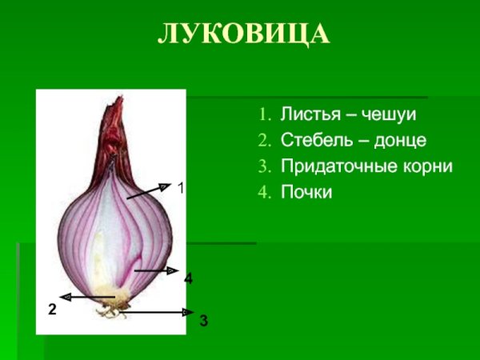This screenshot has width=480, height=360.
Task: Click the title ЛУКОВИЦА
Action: pos(242,34)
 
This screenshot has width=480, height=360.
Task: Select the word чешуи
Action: pos(389,114)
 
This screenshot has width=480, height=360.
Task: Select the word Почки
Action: pos(306,193)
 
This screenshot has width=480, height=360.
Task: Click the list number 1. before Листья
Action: pos(266,114)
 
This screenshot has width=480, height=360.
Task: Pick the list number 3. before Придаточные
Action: pos(266,166)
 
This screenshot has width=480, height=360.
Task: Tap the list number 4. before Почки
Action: pos(266,193)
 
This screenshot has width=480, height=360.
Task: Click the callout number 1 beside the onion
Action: pos(181,189)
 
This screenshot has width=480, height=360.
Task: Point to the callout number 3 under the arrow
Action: pos(204,321)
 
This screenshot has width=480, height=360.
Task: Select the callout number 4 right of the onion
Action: pos(188,279)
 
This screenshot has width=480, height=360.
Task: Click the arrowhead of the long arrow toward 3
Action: pos(190,312)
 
